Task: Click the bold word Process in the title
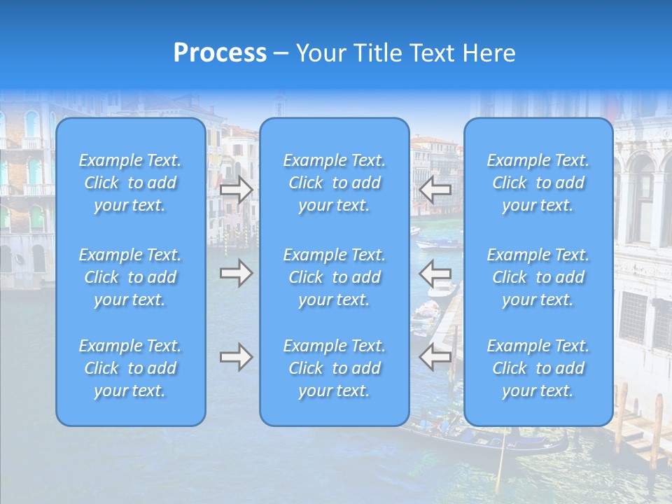click(x=220, y=53)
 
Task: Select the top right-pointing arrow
click(x=237, y=189)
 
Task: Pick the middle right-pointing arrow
click(x=237, y=273)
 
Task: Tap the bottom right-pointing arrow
click(x=237, y=358)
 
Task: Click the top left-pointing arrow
click(x=435, y=189)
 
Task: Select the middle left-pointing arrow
click(x=435, y=273)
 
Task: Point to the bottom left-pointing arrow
click(x=435, y=358)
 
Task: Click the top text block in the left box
click(x=130, y=183)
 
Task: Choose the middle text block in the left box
click(x=130, y=277)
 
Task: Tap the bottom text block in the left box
click(x=130, y=368)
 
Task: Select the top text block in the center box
click(x=334, y=183)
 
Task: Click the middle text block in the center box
click(x=334, y=277)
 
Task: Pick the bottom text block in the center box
click(x=334, y=368)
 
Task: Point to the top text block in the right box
click(x=538, y=183)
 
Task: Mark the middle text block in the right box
click(x=538, y=277)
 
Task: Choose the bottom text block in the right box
click(x=538, y=368)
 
